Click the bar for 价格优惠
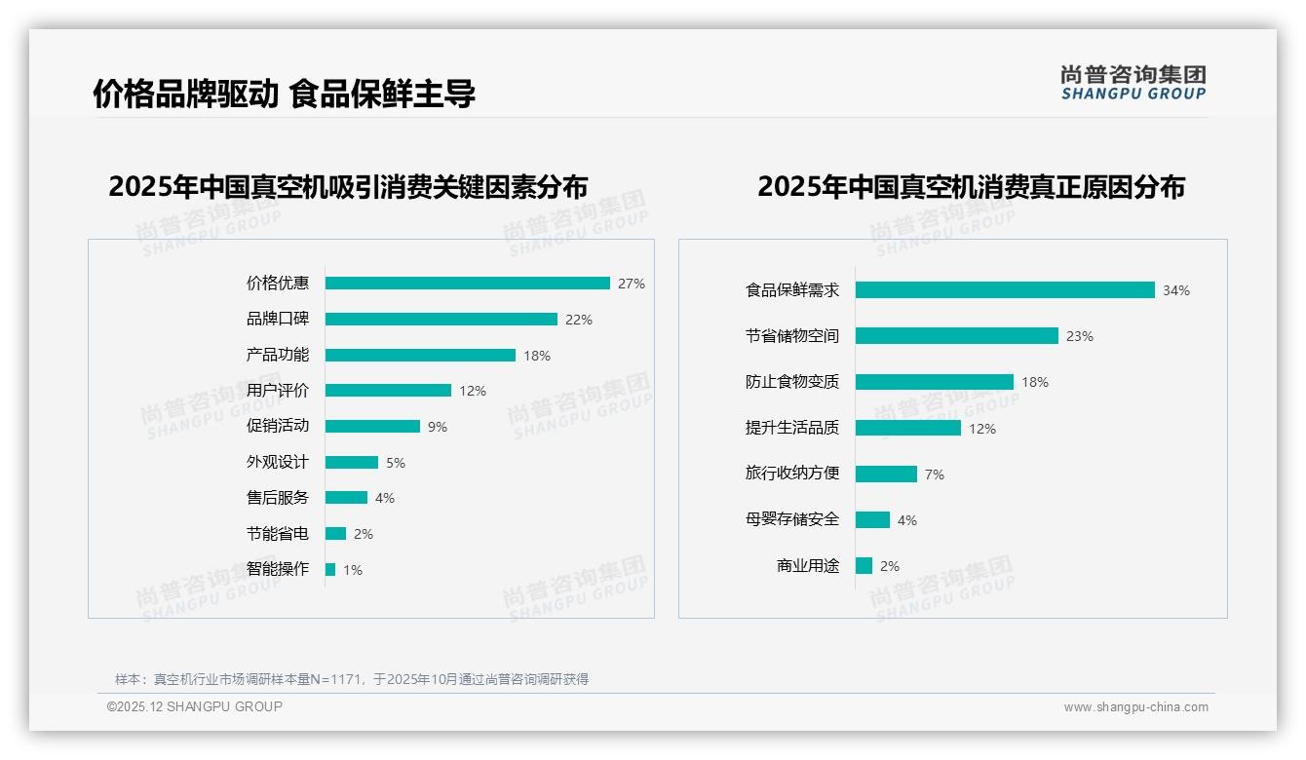(x=467, y=284)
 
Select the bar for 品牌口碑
(x=441, y=320)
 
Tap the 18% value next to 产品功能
(x=536, y=356)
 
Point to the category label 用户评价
(x=277, y=391)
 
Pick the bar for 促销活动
(x=372, y=427)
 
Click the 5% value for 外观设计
(x=395, y=463)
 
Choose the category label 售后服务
(x=277, y=498)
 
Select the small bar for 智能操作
(x=330, y=569)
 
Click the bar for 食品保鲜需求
(x=1004, y=290)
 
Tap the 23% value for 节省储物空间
(x=1079, y=336)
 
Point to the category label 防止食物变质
(x=791, y=382)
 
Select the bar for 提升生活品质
(x=907, y=428)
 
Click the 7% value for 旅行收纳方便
(x=934, y=475)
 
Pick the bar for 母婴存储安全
(x=872, y=520)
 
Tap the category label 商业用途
(x=807, y=565)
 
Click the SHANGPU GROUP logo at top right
(x=1133, y=82)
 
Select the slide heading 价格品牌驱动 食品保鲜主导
(x=284, y=95)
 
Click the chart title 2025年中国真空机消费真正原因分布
(x=971, y=187)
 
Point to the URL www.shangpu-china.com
(x=1135, y=707)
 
